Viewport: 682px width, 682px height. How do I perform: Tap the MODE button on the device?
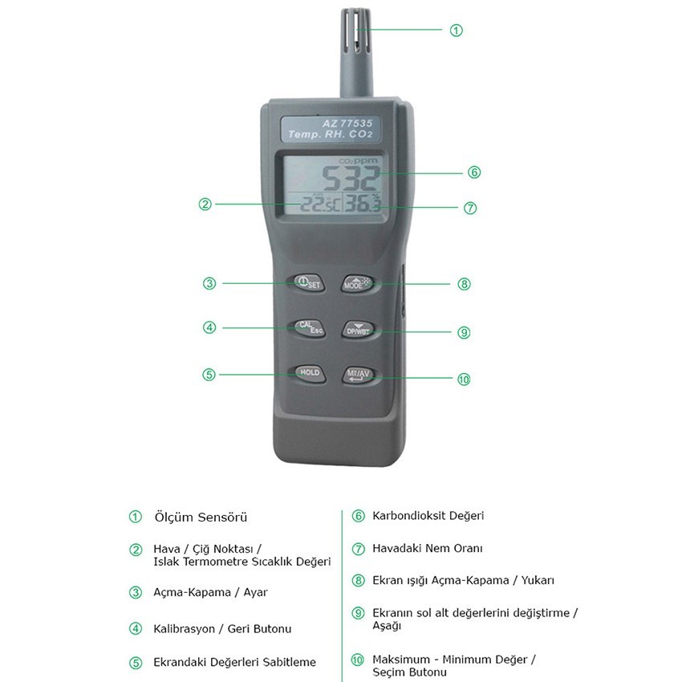357,283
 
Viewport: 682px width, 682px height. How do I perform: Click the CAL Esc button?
310,328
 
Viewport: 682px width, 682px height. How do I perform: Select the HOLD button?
309,373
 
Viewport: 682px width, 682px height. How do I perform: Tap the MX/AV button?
358,375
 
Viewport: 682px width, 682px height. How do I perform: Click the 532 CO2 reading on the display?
351,178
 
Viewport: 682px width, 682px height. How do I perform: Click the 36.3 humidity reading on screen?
362,203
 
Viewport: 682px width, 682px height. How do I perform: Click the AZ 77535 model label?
347,123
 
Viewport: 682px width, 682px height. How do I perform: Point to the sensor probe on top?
356,53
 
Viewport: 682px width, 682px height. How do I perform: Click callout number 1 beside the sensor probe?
457,30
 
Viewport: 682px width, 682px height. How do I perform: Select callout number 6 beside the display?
474,173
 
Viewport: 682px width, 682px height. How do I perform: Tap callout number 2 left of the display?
205,204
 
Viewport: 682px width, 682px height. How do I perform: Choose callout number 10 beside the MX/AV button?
464,380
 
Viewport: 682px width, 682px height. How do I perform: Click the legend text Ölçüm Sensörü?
201,518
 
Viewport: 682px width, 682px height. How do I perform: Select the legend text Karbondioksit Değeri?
428,516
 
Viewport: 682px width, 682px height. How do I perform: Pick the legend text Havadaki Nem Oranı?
428,549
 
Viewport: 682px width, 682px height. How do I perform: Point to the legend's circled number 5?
136,663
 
